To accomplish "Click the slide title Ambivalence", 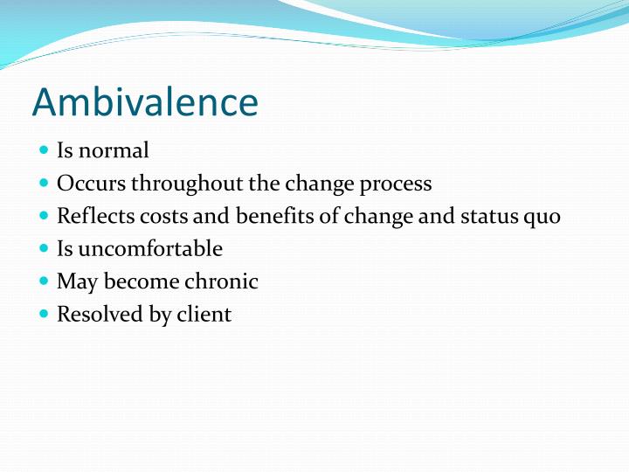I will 145,102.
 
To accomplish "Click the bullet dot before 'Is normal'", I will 45,150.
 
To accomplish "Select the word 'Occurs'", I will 91,184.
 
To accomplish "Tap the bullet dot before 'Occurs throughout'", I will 45,183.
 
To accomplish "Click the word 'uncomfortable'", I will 150,249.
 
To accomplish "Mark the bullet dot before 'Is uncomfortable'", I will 45,248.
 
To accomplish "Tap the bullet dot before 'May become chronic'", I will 45,281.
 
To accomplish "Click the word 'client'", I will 204,314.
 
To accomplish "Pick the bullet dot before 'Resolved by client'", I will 45,313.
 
